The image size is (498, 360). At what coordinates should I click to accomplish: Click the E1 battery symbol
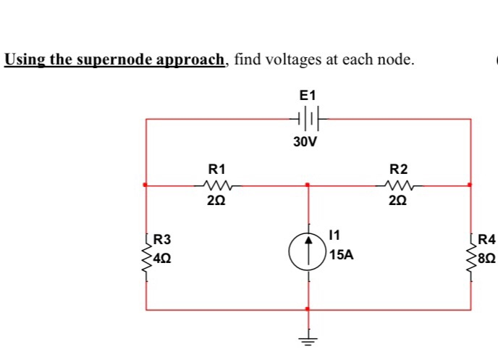point(308,118)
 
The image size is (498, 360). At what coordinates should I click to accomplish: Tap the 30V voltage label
point(305,142)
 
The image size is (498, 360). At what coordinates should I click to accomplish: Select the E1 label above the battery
point(308,95)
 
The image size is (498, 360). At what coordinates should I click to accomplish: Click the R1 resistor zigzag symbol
point(217,185)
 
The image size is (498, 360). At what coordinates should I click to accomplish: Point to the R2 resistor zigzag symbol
point(399,185)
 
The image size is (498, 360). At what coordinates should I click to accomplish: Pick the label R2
point(399,169)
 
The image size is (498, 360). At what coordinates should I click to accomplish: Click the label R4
point(486,239)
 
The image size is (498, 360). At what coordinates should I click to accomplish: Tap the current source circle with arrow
point(308,251)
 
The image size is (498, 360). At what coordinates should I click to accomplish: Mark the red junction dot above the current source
point(308,185)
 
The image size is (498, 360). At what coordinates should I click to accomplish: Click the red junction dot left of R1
point(146,185)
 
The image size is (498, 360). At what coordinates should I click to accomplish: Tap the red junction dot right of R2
point(470,185)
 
